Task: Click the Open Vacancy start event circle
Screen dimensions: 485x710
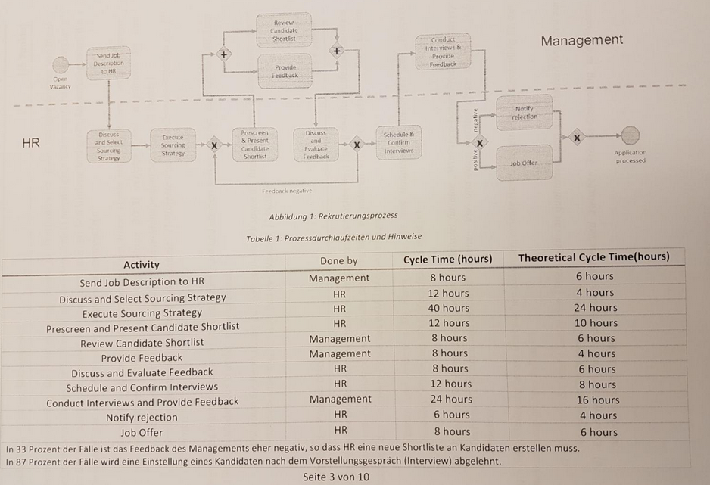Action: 60,66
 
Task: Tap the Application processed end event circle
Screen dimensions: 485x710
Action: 630,135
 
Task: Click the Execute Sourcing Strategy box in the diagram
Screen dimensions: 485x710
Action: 173,144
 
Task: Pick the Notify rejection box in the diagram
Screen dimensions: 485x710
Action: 525,113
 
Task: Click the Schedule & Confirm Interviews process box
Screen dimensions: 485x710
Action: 399,142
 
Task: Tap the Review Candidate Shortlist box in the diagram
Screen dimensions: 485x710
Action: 284,30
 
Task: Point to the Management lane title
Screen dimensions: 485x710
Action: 582,40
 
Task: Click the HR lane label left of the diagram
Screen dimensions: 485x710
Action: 31,142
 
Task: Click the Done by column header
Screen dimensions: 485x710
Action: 338,260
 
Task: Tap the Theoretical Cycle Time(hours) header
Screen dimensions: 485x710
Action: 593,258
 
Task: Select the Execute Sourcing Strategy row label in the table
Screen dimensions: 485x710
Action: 142,312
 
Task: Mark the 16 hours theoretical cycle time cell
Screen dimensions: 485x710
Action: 597,400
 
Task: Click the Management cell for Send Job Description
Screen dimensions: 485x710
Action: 339,278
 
